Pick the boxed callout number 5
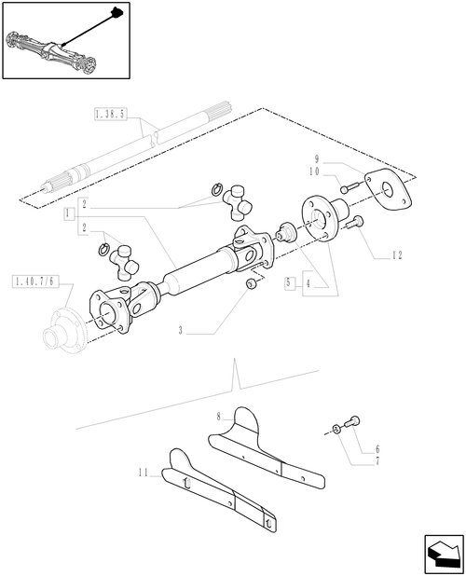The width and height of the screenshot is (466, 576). coord(291,281)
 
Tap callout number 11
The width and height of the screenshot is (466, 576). coord(141,473)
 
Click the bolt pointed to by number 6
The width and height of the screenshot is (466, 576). coord(352,422)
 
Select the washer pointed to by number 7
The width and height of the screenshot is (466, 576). coord(335,429)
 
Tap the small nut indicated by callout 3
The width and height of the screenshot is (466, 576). coord(251,282)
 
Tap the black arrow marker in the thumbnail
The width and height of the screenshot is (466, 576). coord(116,12)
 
